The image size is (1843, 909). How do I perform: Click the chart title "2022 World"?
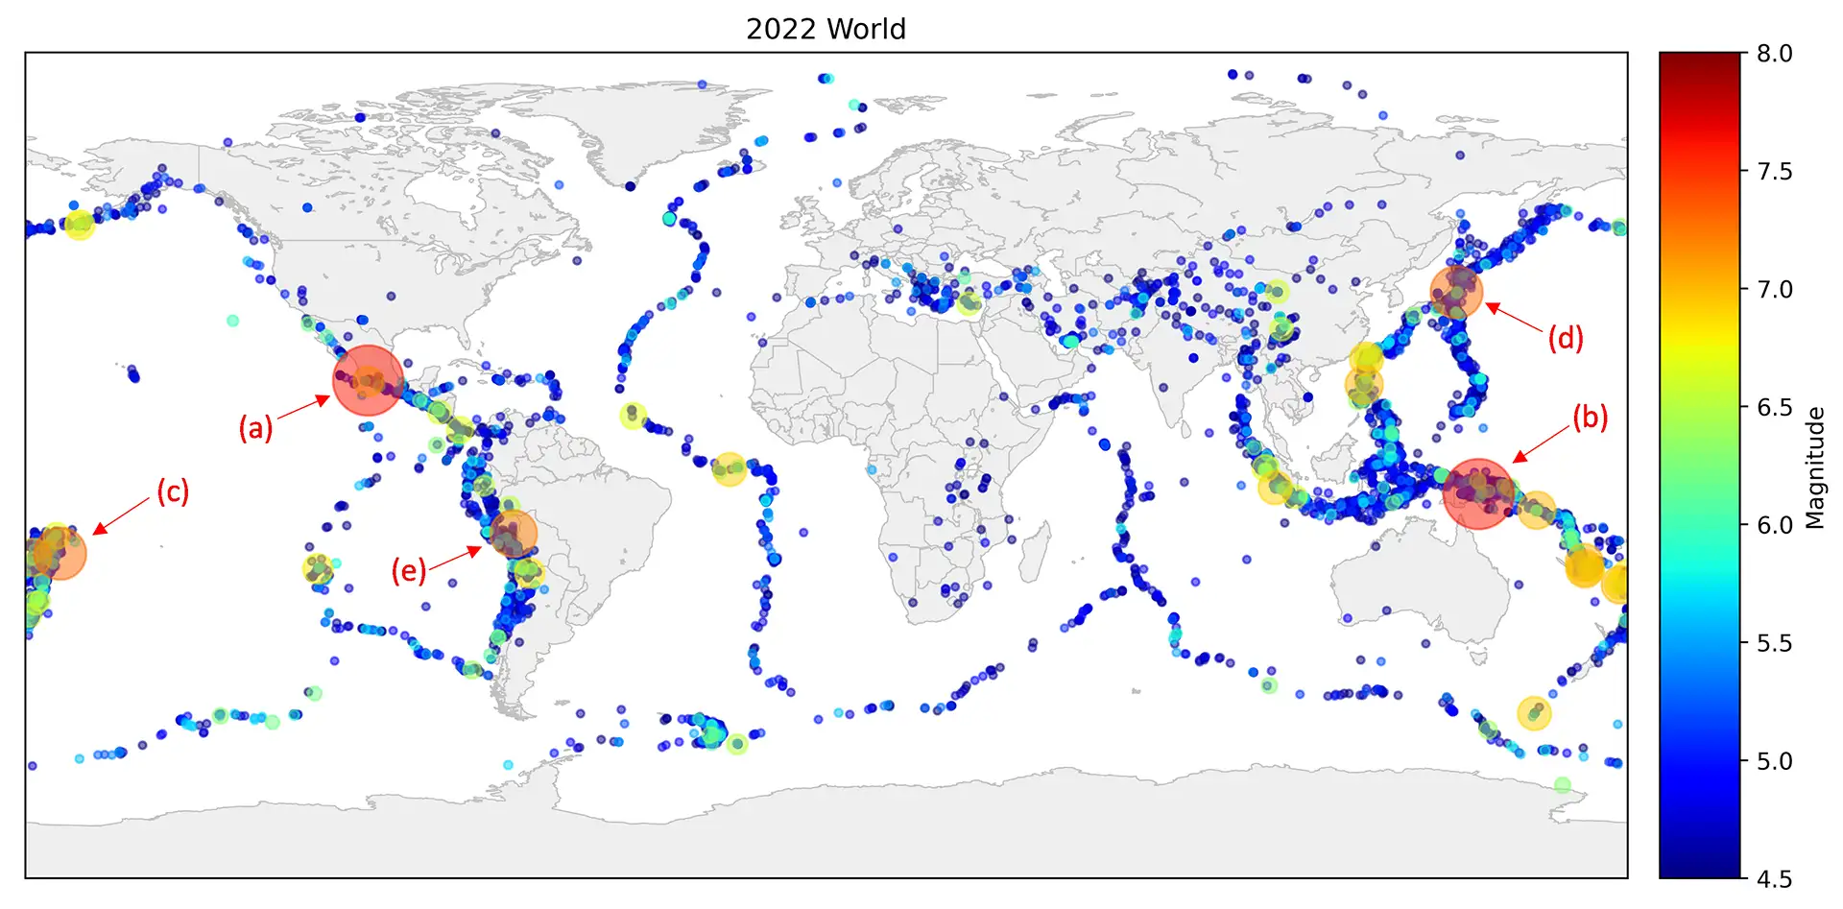826,29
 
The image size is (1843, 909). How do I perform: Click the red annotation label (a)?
255,428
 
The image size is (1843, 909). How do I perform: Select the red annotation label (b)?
1590,418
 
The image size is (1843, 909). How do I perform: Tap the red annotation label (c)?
173,491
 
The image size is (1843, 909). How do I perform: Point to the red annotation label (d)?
1565,338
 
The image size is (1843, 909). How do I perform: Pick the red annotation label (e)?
408,571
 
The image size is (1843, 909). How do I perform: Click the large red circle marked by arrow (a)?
368,381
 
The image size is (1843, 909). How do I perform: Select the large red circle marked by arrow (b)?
1478,493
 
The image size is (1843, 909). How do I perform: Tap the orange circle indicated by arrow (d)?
1456,291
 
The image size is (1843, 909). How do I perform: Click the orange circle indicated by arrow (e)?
513,534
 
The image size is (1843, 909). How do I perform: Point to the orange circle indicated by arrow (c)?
60,553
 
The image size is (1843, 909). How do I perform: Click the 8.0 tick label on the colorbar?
1775,54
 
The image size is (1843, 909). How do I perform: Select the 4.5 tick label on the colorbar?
1775,878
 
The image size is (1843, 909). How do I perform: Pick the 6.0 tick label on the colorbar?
1775,525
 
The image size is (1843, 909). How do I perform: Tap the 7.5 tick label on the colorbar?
1775,172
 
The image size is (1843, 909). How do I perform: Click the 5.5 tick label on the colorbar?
1775,643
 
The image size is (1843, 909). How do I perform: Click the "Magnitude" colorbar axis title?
1814,467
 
